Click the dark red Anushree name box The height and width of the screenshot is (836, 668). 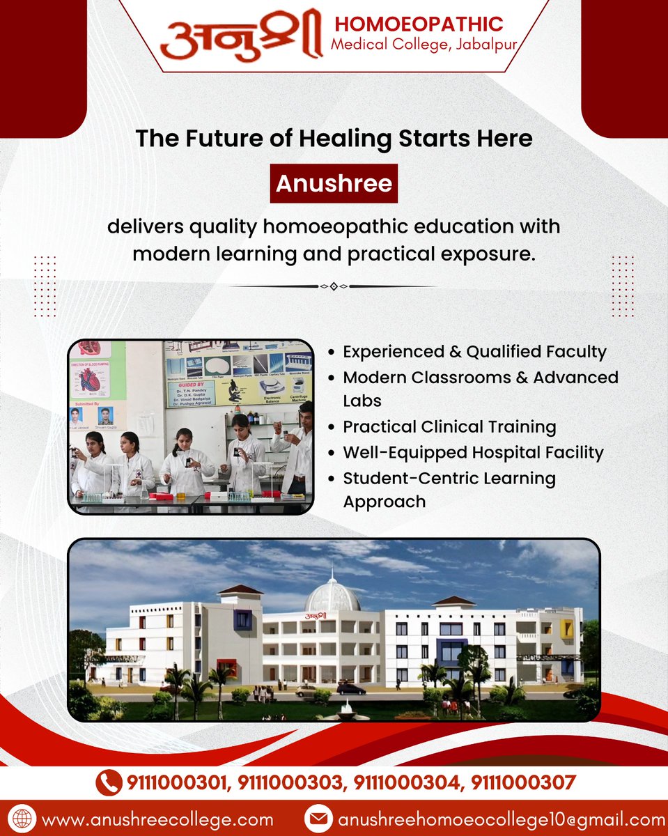334,183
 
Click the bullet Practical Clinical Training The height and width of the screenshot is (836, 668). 449,426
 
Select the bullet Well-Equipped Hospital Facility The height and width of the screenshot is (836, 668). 473,452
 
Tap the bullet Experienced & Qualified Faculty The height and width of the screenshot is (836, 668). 474,352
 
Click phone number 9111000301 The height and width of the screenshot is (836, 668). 178,783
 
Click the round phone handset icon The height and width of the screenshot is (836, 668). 107,783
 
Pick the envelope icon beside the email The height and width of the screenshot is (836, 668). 318,819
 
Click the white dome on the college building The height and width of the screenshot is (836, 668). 332,596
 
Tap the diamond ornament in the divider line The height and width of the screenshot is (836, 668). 334,286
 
